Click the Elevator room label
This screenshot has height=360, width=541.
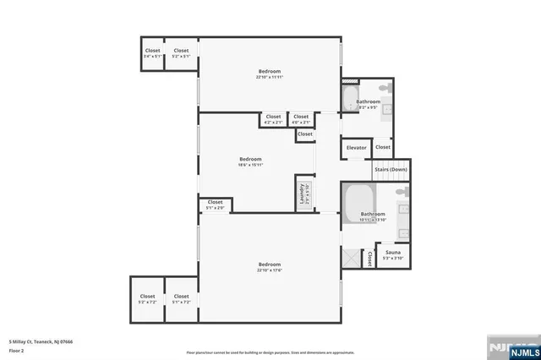[x=356, y=148]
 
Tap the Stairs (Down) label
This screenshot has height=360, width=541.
[x=391, y=170]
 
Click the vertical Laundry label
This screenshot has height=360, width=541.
[x=301, y=195]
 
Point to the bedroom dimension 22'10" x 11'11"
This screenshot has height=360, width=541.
[x=269, y=78]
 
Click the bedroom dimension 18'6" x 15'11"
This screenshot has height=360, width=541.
[x=250, y=165]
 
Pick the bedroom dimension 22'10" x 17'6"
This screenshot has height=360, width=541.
[x=269, y=270]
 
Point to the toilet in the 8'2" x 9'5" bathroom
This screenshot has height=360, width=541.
[x=385, y=89]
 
